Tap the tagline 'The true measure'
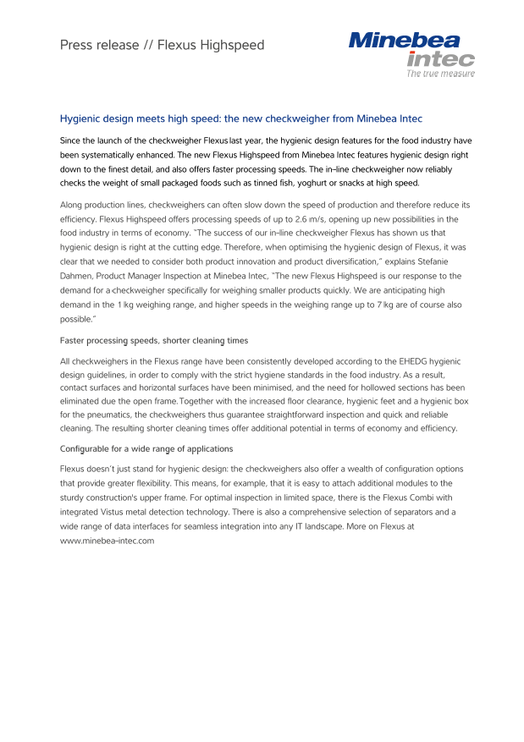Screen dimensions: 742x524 tap(440, 74)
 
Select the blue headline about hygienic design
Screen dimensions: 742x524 tap(240, 118)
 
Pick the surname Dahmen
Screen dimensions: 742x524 tap(78, 276)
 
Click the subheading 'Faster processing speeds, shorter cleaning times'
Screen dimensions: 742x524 tap(154, 340)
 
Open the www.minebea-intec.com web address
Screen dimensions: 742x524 tap(107, 541)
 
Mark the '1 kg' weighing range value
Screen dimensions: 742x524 tap(129, 303)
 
